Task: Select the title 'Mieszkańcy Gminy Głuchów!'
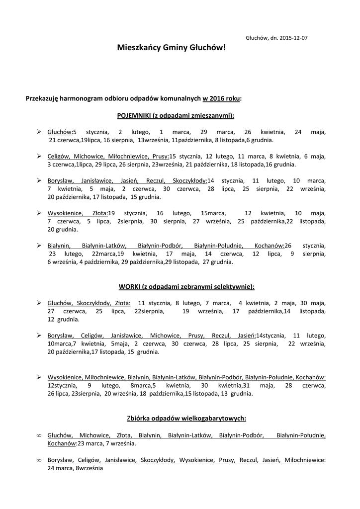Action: coord(172,48)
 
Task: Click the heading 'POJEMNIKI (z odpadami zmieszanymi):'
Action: coord(176,115)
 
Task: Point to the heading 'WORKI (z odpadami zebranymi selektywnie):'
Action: coord(186,286)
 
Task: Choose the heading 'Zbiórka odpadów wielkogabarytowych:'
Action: coord(186,418)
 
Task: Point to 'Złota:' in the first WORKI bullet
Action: coord(122,302)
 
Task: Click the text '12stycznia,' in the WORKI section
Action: coord(62,385)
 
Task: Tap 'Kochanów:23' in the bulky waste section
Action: coord(66,443)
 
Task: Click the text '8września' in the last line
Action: coord(89,468)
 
